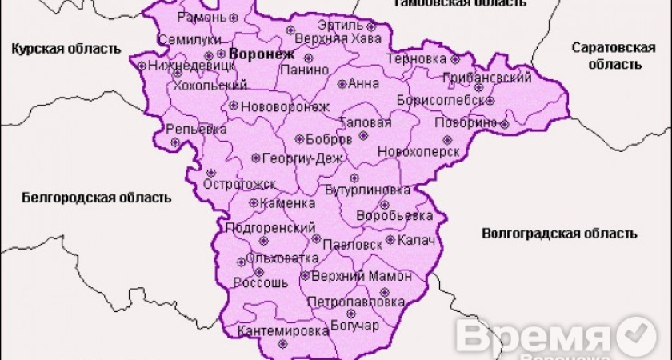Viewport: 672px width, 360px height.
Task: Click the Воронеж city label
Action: tap(262, 55)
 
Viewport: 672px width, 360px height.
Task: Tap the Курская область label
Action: tap(66, 49)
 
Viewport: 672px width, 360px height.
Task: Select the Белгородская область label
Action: tap(96, 197)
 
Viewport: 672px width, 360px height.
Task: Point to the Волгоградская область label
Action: tap(560, 234)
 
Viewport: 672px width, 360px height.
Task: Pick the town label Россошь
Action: tap(261, 282)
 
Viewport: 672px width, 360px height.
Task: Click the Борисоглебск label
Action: tap(440, 101)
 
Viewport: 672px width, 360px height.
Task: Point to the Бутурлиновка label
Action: tap(368, 190)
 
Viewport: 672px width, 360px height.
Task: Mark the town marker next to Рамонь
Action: tap(233, 17)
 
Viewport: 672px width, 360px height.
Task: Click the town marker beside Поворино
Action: tap(504, 123)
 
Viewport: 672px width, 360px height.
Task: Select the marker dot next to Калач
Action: tap(390, 239)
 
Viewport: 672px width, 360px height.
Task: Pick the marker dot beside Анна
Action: tap(342, 83)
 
